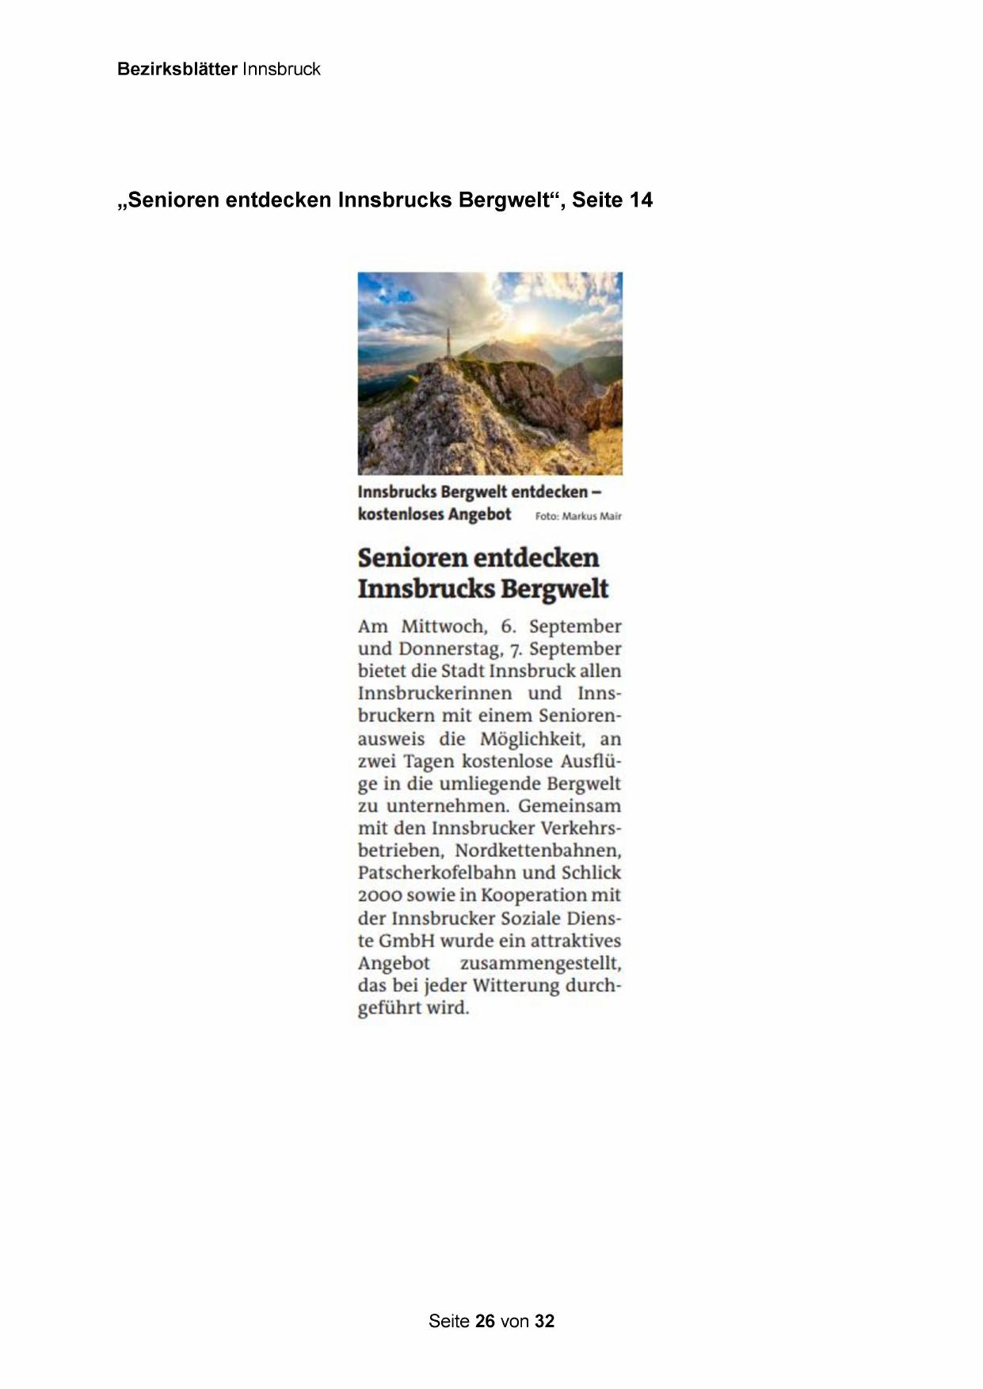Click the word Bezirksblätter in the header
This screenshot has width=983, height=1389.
point(177,70)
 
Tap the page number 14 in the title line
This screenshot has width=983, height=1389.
point(641,200)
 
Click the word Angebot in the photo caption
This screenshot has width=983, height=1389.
point(479,515)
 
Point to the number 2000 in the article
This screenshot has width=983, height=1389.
point(379,896)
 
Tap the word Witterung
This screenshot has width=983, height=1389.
point(516,986)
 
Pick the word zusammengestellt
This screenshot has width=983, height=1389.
point(540,964)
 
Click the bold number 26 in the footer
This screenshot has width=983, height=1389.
point(485,1321)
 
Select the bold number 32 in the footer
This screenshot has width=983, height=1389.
point(544,1321)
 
